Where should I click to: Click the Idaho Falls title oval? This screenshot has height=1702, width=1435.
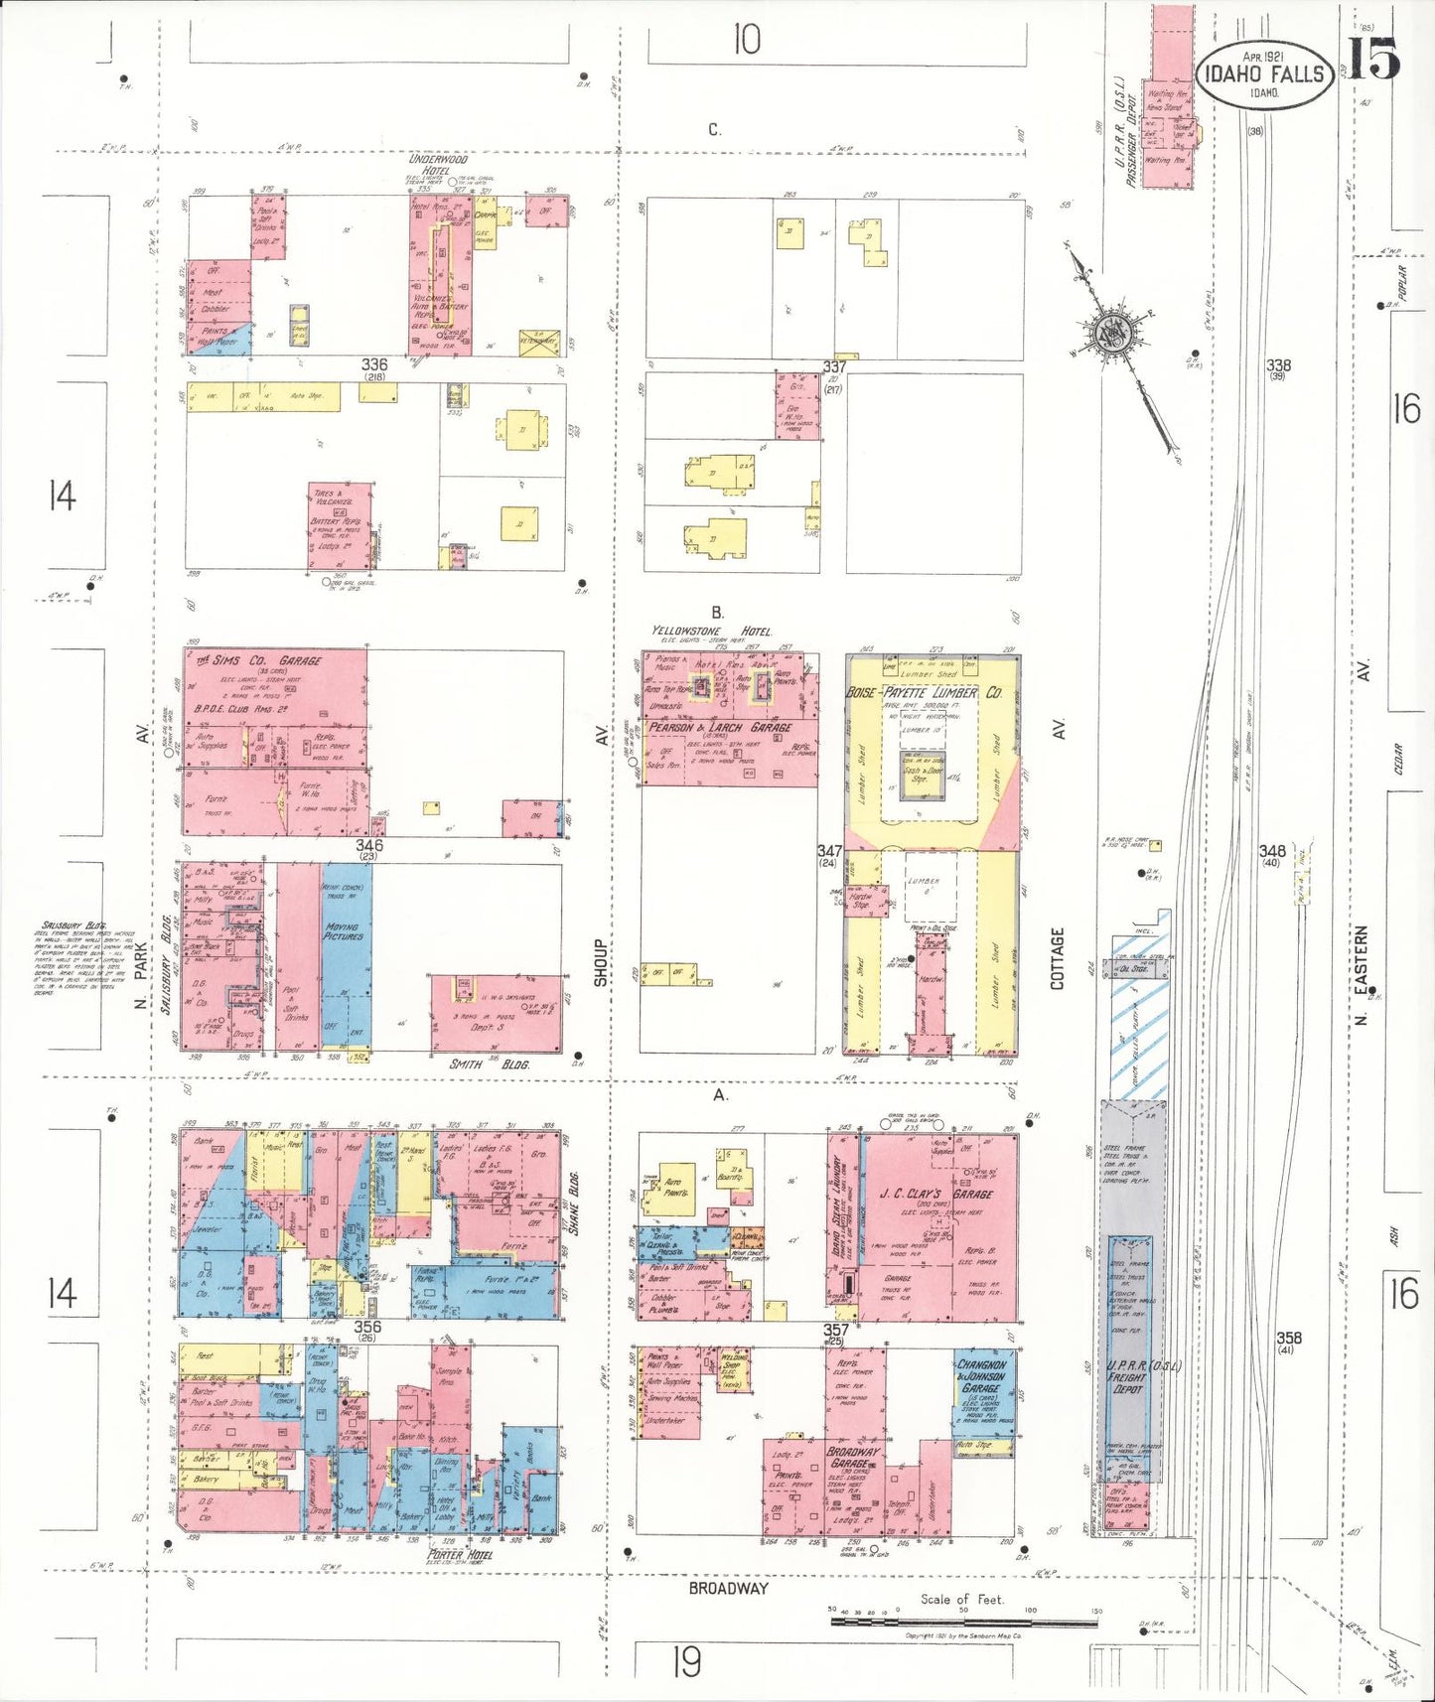pyautogui.click(x=1264, y=74)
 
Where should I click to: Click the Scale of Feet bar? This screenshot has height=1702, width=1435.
pyautogui.click(x=963, y=1621)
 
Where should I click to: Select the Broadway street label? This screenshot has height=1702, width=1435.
pyautogui.click(x=729, y=1588)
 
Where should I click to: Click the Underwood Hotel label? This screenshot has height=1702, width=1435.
pyautogui.click(x=438, y=164)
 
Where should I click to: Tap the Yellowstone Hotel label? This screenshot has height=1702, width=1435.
pyautogui.click(x=711, y=632)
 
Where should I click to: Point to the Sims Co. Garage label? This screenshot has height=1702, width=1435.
pyautogui.click(x=259, y=661)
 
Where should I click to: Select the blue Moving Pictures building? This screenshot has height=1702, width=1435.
pyautogui.click(x=346, y=953)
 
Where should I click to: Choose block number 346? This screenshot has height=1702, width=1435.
pyautogui.click(x=368, y=845)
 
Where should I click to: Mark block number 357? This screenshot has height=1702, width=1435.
pyautogui.click(x=835, y=1330)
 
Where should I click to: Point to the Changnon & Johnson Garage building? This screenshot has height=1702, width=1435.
pyautogui.click(x=984, y=1390)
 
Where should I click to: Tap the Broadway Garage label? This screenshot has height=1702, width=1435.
pyautogui.click(x=853, y=1458)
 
